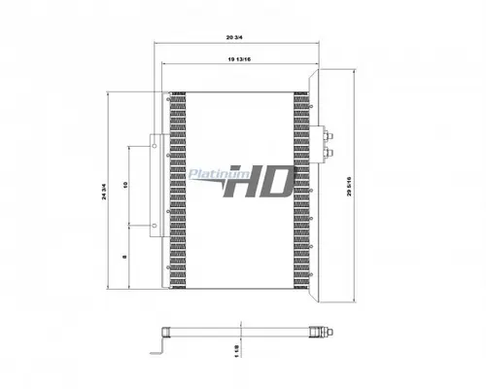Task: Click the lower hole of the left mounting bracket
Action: [154, 226]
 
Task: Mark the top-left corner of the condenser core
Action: [170, 93]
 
